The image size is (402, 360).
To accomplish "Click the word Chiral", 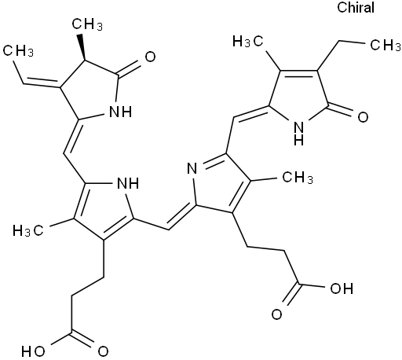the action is coord(356,7).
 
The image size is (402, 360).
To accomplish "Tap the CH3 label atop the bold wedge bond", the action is coord(87,25).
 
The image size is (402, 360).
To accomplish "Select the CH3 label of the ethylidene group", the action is coord(18,50).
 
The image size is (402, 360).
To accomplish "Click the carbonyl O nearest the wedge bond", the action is coord(150,57).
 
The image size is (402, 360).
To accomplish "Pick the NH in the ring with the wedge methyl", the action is coord(120,112).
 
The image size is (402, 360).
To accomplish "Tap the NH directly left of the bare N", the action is coord(128,183).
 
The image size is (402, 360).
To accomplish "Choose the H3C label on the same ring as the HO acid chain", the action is coord(28,231).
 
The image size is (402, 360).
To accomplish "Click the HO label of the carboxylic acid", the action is coord(33,351).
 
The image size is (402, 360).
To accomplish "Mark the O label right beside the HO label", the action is coord(103,351).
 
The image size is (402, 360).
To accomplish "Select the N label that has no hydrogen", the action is coord(192,167).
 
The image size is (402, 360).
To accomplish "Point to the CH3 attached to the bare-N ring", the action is coord(298,178).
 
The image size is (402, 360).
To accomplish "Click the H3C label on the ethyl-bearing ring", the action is coord(248,42).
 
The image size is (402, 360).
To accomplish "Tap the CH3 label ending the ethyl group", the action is coord(386,45).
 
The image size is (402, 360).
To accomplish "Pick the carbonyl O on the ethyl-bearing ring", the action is coord(363,117).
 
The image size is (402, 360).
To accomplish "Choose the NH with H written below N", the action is coord(298,134).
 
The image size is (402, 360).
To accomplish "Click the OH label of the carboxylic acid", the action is coord(342,288).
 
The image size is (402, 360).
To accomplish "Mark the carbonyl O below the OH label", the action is coord(276,314).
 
